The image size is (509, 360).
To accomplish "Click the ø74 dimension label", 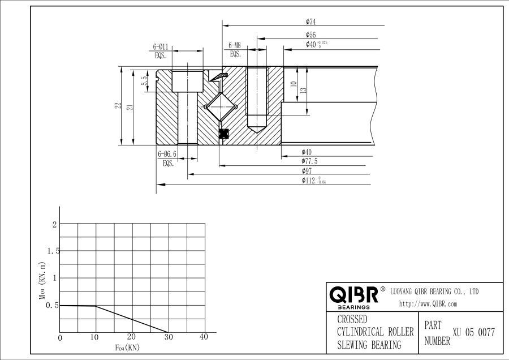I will pos(310,22).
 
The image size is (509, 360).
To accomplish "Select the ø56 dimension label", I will pos(310,35).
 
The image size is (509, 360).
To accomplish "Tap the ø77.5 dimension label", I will pos(310,161).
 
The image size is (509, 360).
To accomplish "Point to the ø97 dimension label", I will pos(307,170).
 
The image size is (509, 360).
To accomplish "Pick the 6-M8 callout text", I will pos(235,45).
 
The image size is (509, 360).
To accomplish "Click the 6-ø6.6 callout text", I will pos(167,154).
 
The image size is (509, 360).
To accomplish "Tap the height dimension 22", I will pos(117,105).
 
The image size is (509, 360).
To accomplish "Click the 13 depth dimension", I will pos(304,89).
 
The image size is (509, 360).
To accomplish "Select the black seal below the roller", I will pos(223,134).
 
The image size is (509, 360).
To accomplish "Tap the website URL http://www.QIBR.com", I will pos(428,304).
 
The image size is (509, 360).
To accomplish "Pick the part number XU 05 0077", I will pos(473,333).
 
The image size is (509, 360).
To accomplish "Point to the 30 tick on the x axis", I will pos(168,337).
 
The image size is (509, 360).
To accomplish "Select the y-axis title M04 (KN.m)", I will pos(42,280).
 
